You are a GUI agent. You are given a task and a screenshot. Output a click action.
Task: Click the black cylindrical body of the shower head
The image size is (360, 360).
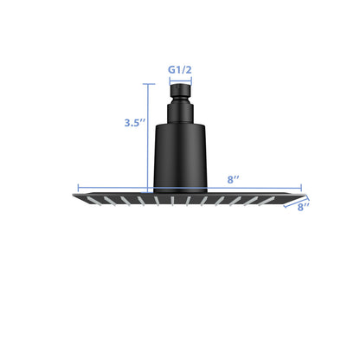coord(180,156)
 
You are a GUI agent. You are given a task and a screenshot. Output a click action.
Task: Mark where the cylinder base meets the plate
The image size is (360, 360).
coord(180,190)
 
